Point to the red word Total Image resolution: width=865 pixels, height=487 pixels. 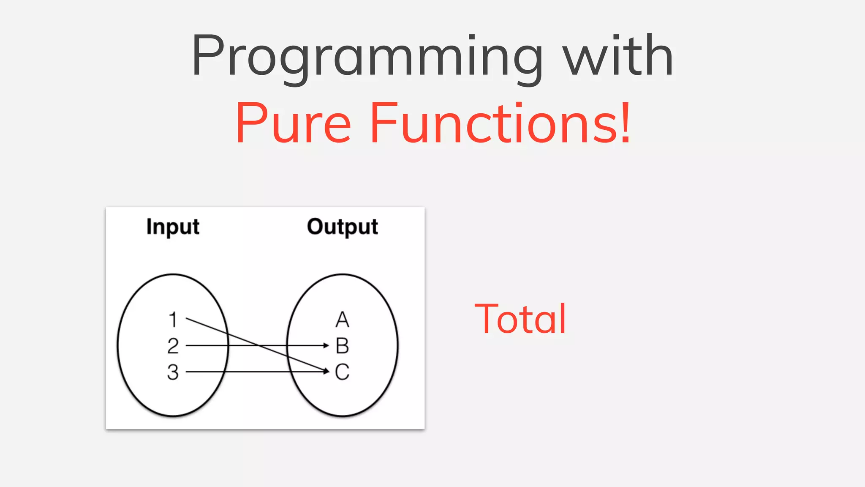click(x=520, y=319)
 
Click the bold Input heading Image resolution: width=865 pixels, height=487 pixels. click(x=173, y=227)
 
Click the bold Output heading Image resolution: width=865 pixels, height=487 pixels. click(x=342, y=227)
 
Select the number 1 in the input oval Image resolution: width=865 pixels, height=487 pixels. click(x=173, y=320)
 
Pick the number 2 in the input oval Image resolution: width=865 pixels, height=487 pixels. click(x=173, y=346)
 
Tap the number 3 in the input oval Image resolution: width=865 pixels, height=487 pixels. click(x=173, y=372)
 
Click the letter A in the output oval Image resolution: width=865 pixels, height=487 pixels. click(x=342, y=320)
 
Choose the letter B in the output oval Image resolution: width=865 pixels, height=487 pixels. click(x=342, y=346)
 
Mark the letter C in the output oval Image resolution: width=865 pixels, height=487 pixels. click(x=342, y=372)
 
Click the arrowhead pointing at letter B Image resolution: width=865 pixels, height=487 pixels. click(x=326, y=345)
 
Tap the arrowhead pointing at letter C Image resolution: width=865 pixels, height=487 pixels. click(x=326, y=371)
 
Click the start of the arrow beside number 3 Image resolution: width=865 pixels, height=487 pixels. click(x=187, y=372)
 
